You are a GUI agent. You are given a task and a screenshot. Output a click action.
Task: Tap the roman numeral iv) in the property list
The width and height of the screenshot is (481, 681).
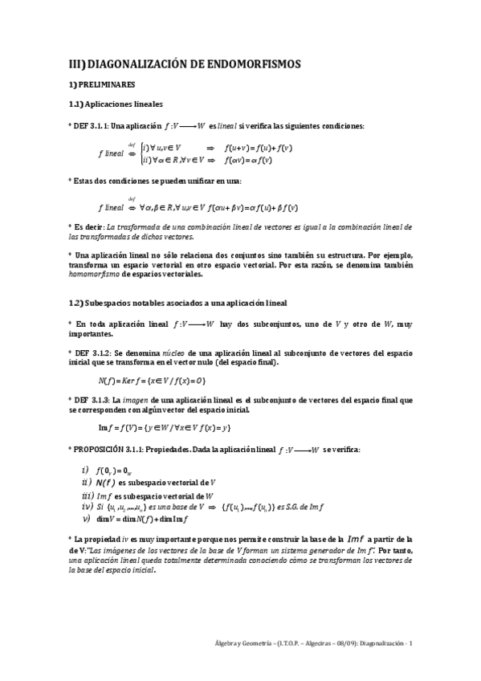pos(88,507)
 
